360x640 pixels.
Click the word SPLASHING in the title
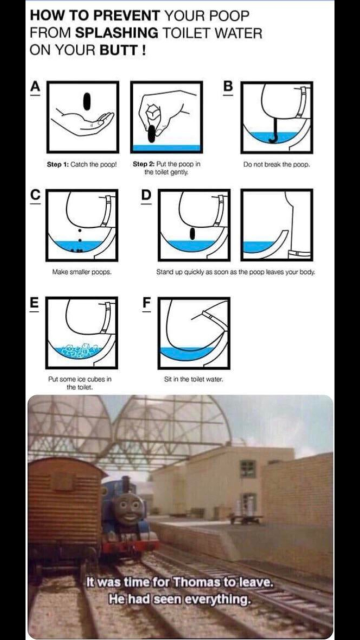[x=116, y=33]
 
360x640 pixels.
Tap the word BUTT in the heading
[x=119, y=50]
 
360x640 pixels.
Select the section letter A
[x=35, y=86]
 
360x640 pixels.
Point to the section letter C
[x=35, y=194]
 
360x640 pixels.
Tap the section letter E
[x=34, y=302]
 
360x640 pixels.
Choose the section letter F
[x=146, y=302]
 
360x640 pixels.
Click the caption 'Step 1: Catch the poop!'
[x=82, y=164]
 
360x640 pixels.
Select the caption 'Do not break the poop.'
[x=276, y=164]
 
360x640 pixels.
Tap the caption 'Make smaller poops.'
[x=81, y=272]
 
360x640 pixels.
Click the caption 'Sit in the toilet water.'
[x=193, y=379]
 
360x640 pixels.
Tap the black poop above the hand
[x=86, y=101]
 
